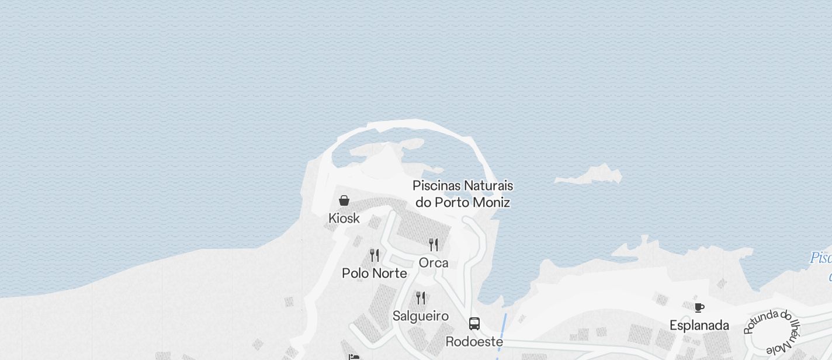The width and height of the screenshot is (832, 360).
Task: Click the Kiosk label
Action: pyautogui.click(x=344, y=219)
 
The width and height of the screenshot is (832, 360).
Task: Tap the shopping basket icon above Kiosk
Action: pyautogui.click(x=344, y=200)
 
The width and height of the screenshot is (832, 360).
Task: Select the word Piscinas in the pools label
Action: pyautogui.click(x=435, y=186)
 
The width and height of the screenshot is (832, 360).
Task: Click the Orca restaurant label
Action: pyautogui.click(x=434, y=263)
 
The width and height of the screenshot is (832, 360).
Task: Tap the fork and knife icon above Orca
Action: pyautogui.click(x=434, y=244)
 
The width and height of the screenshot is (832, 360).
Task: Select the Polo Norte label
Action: pyautogui.click(x=375, y=273)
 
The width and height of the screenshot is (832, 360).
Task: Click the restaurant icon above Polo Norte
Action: pyautogui.click(x=375, y=255)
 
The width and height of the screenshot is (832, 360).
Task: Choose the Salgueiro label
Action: pyautogui.click(x=421, y=316)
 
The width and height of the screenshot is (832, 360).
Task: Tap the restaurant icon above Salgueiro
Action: pyautogui.click(x=421, y=298)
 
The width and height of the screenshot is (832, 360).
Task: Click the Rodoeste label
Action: pyautogui.click(x=474, y=341)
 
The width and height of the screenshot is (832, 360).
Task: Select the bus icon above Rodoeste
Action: pyautogui.click(x=474, y=324)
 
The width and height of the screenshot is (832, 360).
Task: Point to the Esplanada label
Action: pyautogui.click(x=699, y=326)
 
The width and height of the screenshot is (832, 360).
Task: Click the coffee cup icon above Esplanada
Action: pyautogui.click(x=699, y=307)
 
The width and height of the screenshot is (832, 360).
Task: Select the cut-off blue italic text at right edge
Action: pyautogui.click(x=821, y=258)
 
